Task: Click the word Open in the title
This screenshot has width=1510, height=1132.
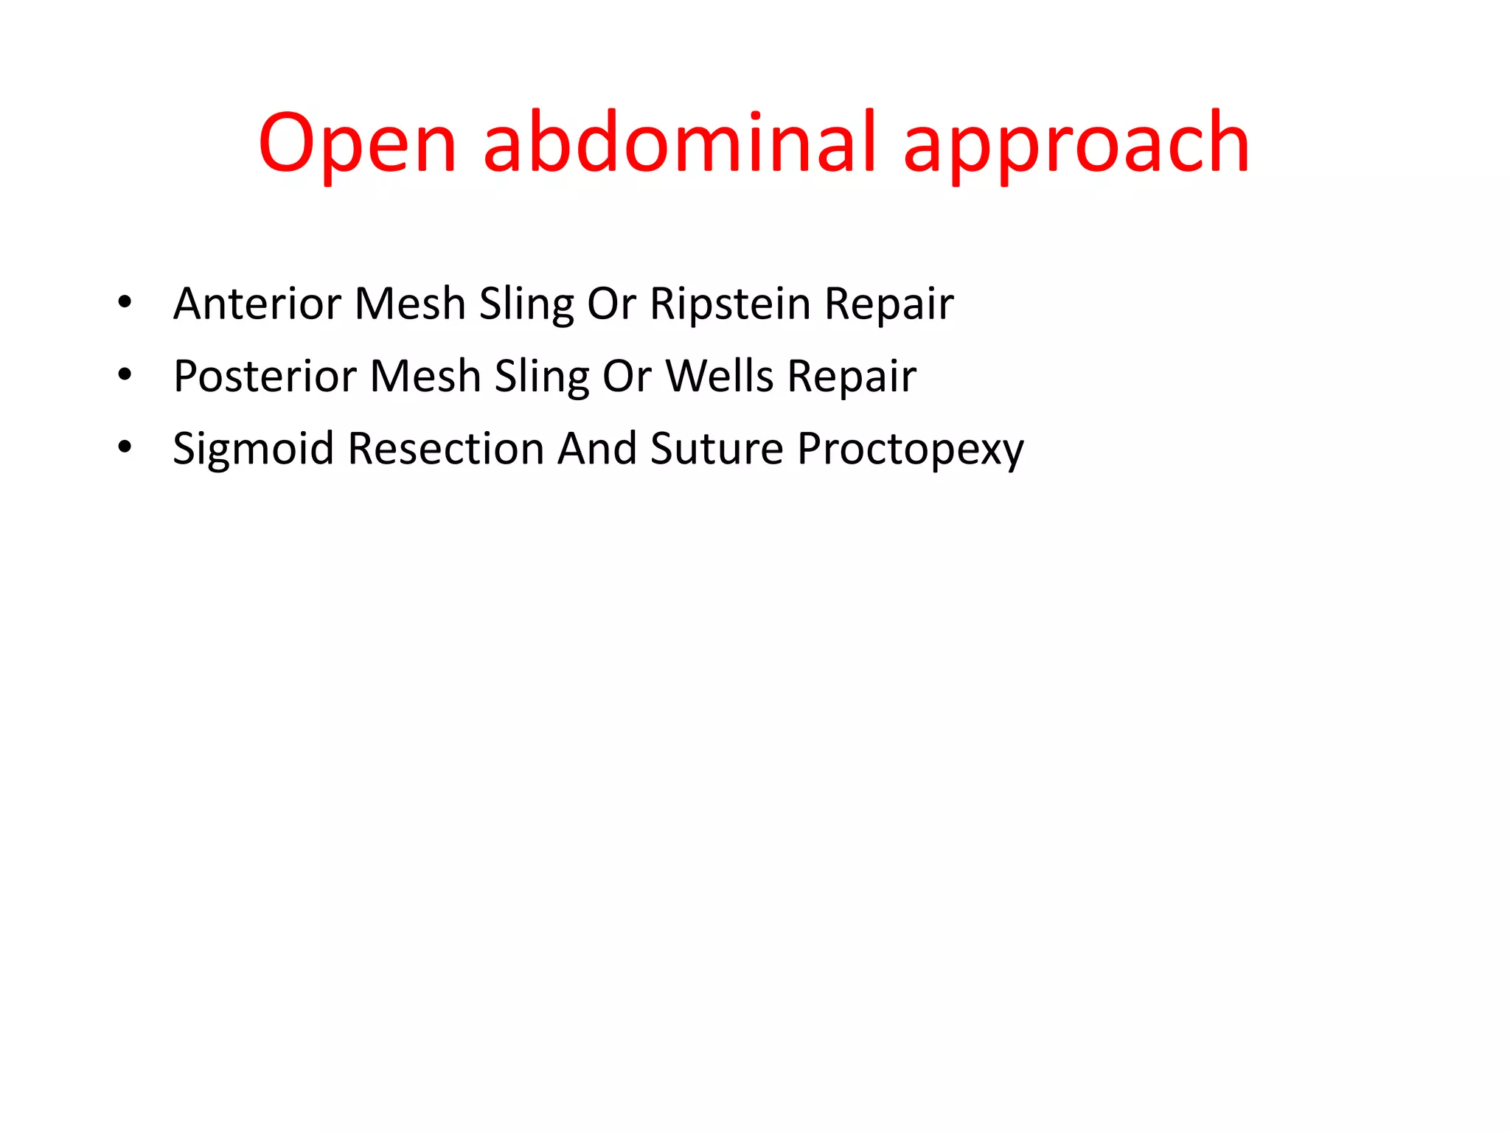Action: [358, 144]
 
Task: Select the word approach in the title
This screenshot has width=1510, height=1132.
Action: [1076, 144]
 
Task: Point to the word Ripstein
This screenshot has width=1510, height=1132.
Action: [730, 304]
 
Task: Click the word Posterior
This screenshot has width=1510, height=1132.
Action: [265, 376]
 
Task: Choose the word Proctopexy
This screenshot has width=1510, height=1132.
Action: [911, 449]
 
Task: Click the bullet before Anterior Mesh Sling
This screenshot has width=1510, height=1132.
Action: [125, 302]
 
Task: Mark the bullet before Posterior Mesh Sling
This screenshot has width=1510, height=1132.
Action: [125, 374]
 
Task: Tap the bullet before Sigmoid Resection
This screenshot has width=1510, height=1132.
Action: [125, 447]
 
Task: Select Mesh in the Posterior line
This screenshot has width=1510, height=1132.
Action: [425, 376]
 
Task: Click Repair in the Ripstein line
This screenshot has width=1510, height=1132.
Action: [888, 304]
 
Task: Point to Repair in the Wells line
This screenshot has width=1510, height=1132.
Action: [852, 376]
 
